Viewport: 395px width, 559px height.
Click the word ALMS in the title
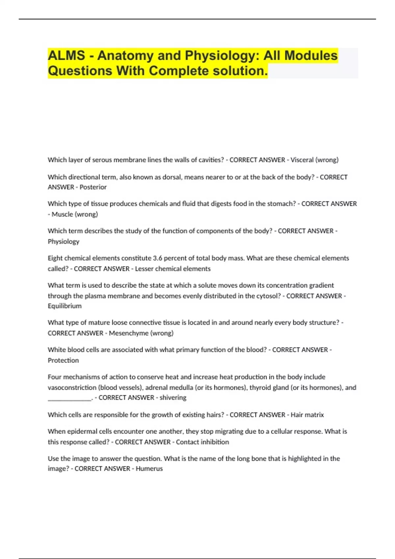66,56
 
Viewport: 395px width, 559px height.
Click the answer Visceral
302,160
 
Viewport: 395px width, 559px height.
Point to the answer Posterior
93,187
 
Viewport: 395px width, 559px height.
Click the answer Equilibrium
65,306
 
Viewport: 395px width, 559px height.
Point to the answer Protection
63,360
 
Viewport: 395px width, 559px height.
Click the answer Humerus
149,469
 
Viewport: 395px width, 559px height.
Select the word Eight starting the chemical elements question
55,258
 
